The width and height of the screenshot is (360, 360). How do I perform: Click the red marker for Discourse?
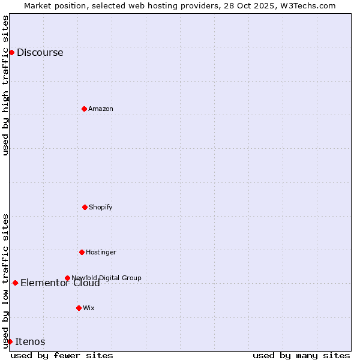point(11,52)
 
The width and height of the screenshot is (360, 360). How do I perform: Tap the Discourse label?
point(40,53)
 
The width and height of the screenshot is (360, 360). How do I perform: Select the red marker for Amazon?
point(84,109)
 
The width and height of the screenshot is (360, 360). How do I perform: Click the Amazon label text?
point(101,109)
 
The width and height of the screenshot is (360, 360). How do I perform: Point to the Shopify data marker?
point(85,207)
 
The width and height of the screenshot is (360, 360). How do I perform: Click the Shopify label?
point(101,208)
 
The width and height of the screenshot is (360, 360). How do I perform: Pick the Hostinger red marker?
point(82,252)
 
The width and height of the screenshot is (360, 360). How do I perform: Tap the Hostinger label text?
point(101,253)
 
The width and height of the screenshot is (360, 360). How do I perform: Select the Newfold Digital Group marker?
point(67,278)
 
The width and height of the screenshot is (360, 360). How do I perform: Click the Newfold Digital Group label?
point(106,278)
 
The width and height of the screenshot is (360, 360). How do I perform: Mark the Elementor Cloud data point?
point(15,283)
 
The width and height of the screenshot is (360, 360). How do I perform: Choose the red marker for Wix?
point(79,308)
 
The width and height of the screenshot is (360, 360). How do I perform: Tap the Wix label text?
point(89,308)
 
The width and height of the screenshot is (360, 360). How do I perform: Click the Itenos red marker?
point(10,341)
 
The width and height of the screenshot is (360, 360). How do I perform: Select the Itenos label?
point(30,342)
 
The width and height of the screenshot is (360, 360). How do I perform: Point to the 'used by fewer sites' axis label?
point(62,355)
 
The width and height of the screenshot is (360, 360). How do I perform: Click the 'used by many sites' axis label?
point(301,355)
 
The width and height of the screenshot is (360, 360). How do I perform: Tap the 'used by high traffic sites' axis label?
point(5,85)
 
